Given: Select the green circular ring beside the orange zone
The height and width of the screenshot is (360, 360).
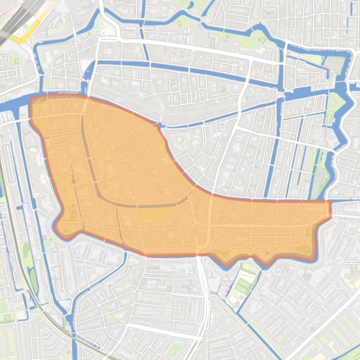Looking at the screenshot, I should pyautogui.click(x=180, y=139).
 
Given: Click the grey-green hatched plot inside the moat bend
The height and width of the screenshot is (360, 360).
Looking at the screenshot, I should pyautogui.click(x=320, y=178).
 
